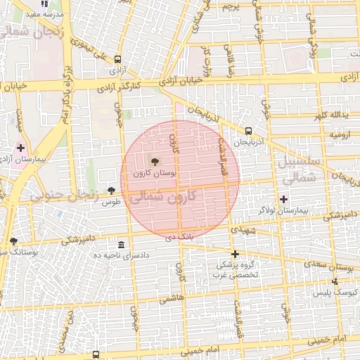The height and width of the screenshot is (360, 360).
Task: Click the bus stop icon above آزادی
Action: [x=117, y=60]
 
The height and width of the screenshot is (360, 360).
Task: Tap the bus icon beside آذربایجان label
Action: [x=248, y=131]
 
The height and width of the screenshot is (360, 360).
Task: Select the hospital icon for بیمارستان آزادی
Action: [x=20, y=148]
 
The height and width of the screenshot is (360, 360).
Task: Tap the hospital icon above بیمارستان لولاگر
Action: [x=284, y=200]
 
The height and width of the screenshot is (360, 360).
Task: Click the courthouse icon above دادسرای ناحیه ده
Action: [x=122, y=245]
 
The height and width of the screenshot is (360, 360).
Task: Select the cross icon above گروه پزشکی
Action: [x=235, y=254]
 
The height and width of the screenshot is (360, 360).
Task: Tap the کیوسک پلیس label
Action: [x=334, y=291]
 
